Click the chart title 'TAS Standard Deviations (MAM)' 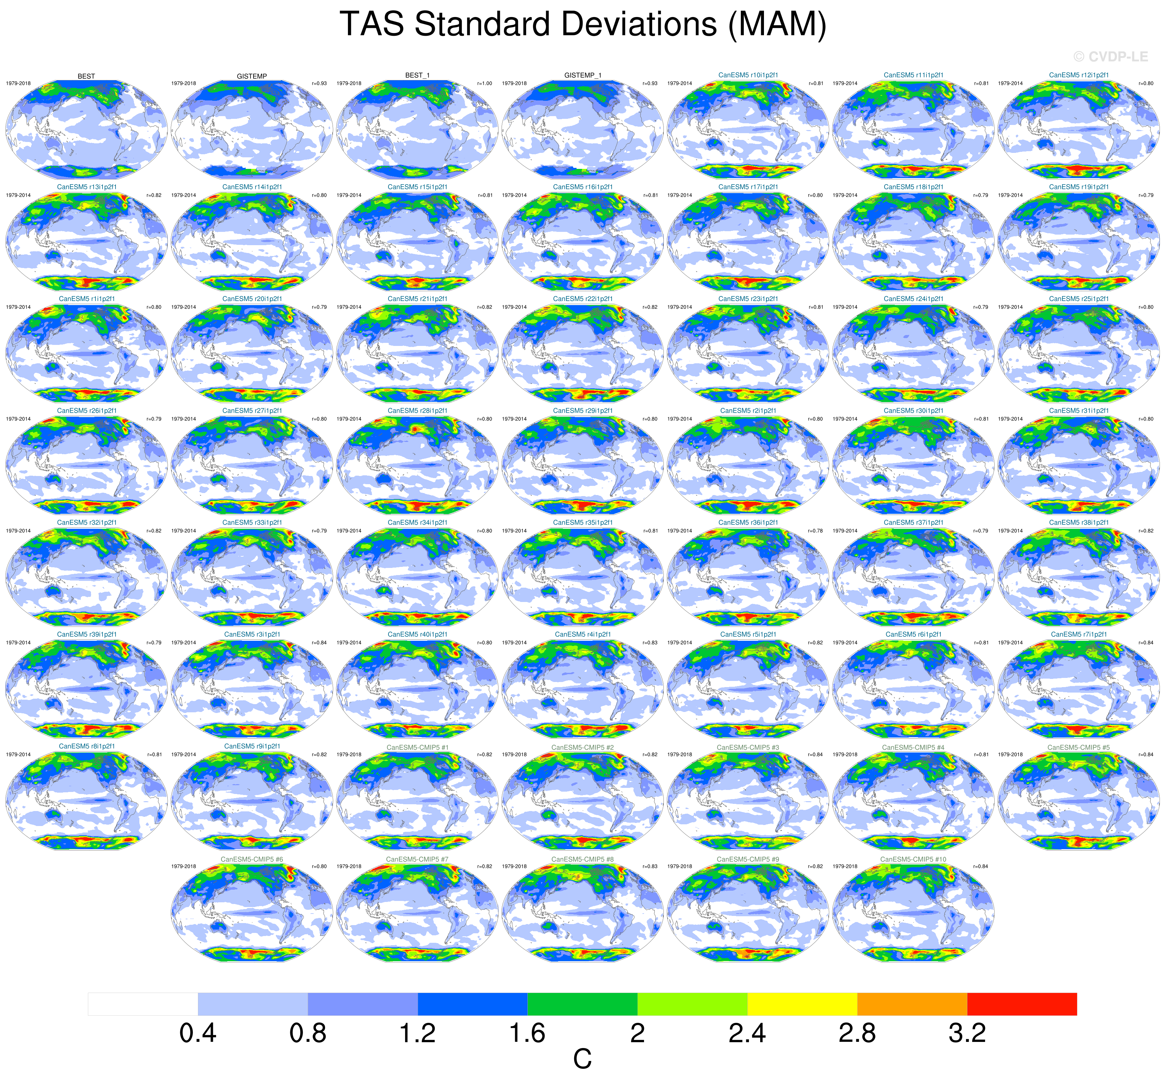click(583, 25)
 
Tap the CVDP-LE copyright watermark click(1110, 57)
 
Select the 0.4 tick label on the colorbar click(198, 1033)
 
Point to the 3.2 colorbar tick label click(967, 1033)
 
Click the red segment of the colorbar click(1022, 1004)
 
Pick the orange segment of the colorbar click(912, 1004)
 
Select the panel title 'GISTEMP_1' click(583, 75)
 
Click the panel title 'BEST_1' click(417, 75)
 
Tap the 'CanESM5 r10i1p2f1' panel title click(748, 75)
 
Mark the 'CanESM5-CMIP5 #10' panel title click(913, 859)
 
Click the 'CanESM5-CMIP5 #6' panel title click(252, 859)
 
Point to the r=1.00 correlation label click(484, 83)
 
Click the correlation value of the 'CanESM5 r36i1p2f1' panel click(815, 531)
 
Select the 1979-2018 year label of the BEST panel click(18, 83)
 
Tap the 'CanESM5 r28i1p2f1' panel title click(417, 411)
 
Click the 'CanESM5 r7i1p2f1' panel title click(1078, 634)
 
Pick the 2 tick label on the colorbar click(638, 1033)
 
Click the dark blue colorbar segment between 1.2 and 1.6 click(473, 1004)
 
